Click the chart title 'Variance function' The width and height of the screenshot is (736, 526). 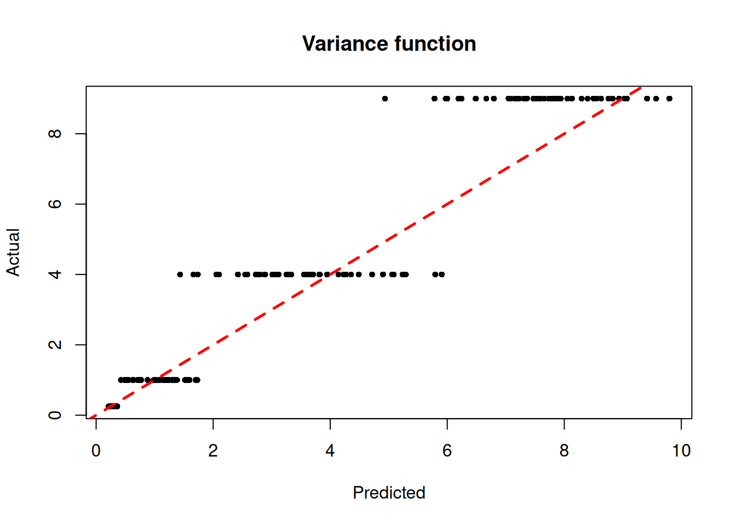pos(389,44)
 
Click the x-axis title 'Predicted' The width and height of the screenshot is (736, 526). pos(389,493)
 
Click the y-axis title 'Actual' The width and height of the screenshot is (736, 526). pos(13,252)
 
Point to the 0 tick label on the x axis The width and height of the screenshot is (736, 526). pos(96,451)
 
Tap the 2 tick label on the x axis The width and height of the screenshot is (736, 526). pos(213,451)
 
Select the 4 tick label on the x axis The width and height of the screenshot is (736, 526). pos(330,451)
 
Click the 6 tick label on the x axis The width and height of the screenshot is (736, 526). pos(447,451)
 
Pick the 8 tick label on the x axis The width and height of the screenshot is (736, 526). pos(564,451)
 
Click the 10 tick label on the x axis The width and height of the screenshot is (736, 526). pos(681,451)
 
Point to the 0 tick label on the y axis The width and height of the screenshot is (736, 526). pos(55,415)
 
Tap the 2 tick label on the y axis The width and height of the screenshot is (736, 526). pos(55,345)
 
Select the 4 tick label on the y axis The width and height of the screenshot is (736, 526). pos(55,274)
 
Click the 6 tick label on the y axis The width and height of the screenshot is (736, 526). pos(55,204)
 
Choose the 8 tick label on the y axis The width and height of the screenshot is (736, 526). pos(55,134)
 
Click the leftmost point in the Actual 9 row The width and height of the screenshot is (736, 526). pos(385,99)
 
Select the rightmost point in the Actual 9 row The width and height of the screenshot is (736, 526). pos(669,99)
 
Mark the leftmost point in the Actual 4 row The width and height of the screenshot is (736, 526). pos(180,275)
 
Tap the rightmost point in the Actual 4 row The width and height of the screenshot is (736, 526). pos(442,275)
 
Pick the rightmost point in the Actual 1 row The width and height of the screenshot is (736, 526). pos(197,380)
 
